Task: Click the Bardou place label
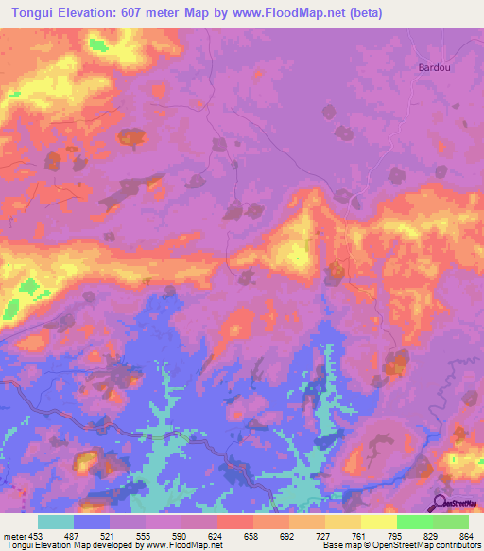coord(434,67)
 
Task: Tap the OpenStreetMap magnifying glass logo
coord(440,504)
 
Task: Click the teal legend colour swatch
coord(56,521)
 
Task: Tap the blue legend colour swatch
coord(92,521)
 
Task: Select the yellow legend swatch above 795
coord(379,521)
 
